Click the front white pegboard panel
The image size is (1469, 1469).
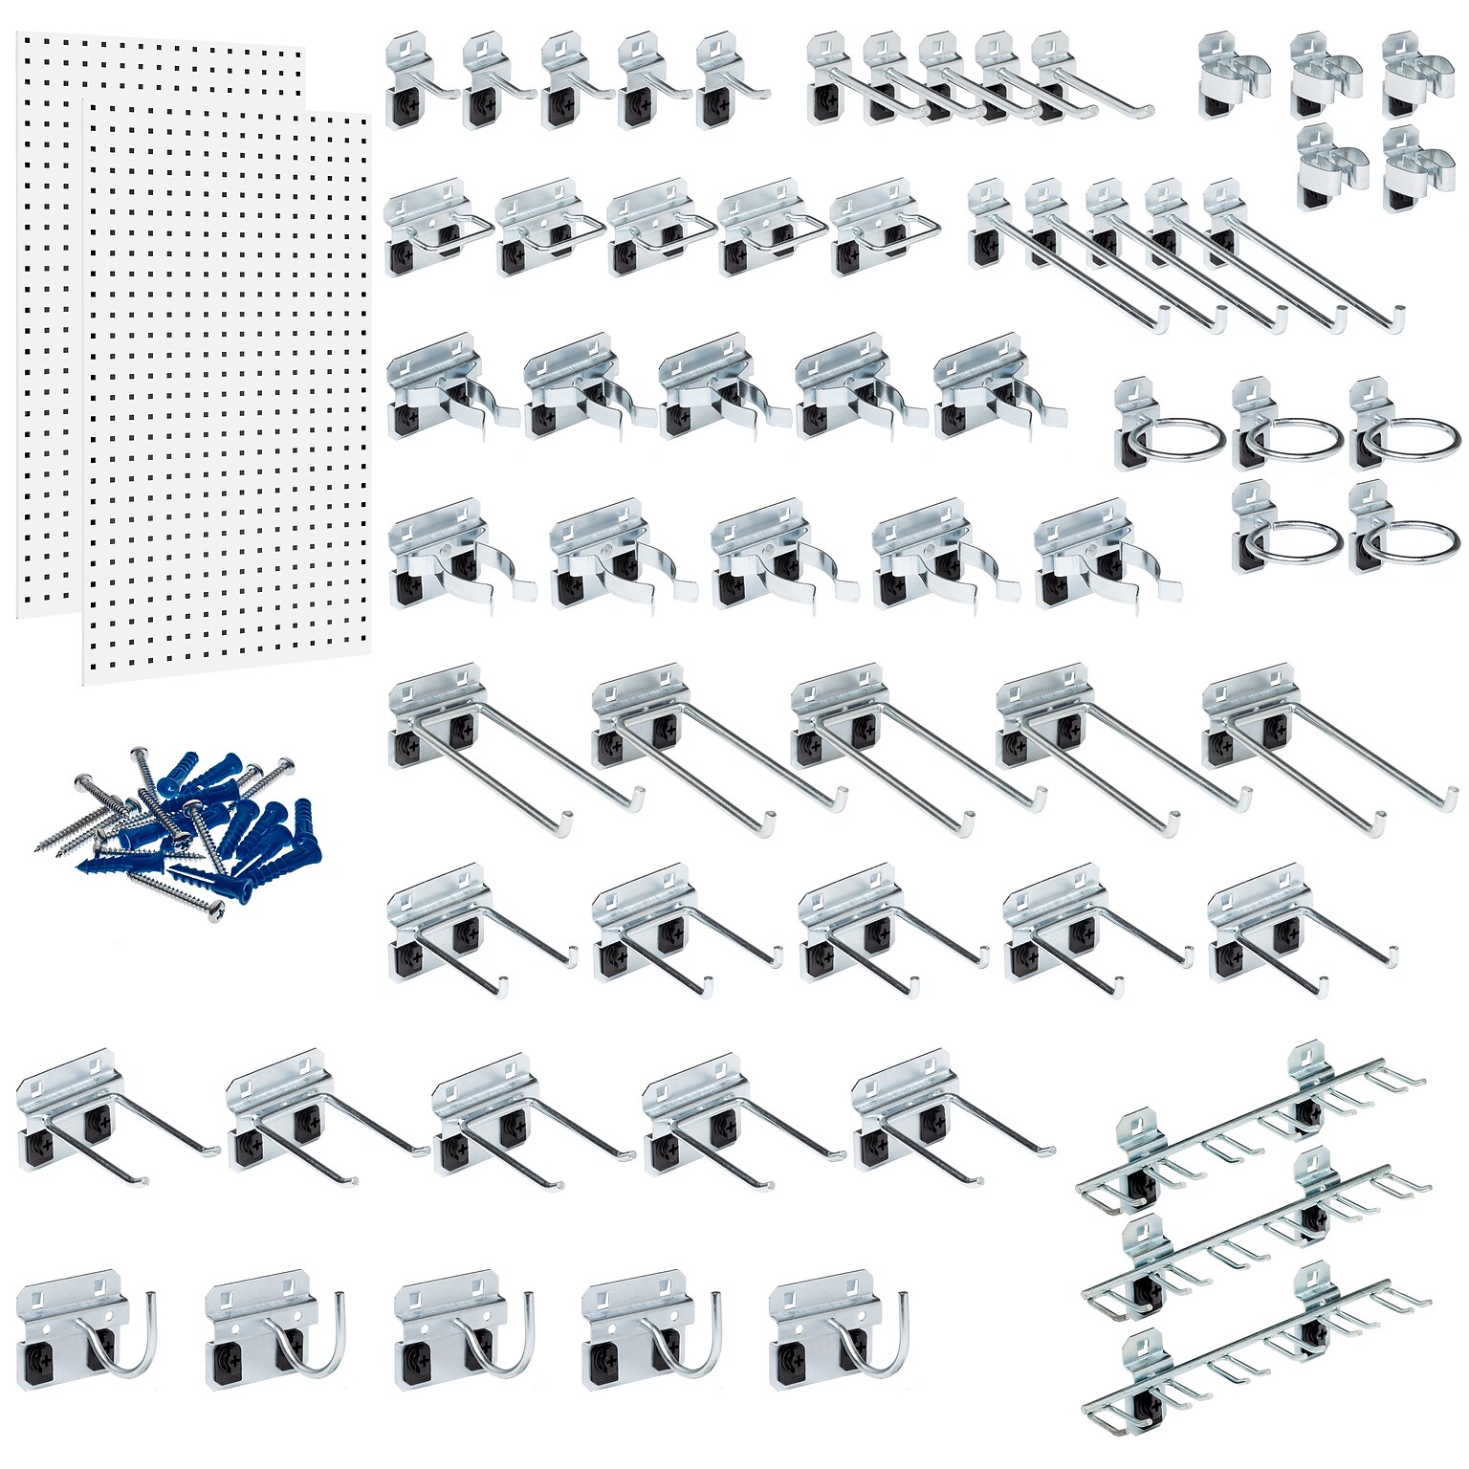pyautogui.click(x=226, y=383)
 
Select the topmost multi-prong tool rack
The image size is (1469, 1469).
pyautogui.click(x=1253, y=1129)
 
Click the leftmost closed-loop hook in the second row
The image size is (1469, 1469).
pyautogui.click(x=435, y=225)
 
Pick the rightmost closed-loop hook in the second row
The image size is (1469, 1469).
pyautogui.click(x=875, y=225)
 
